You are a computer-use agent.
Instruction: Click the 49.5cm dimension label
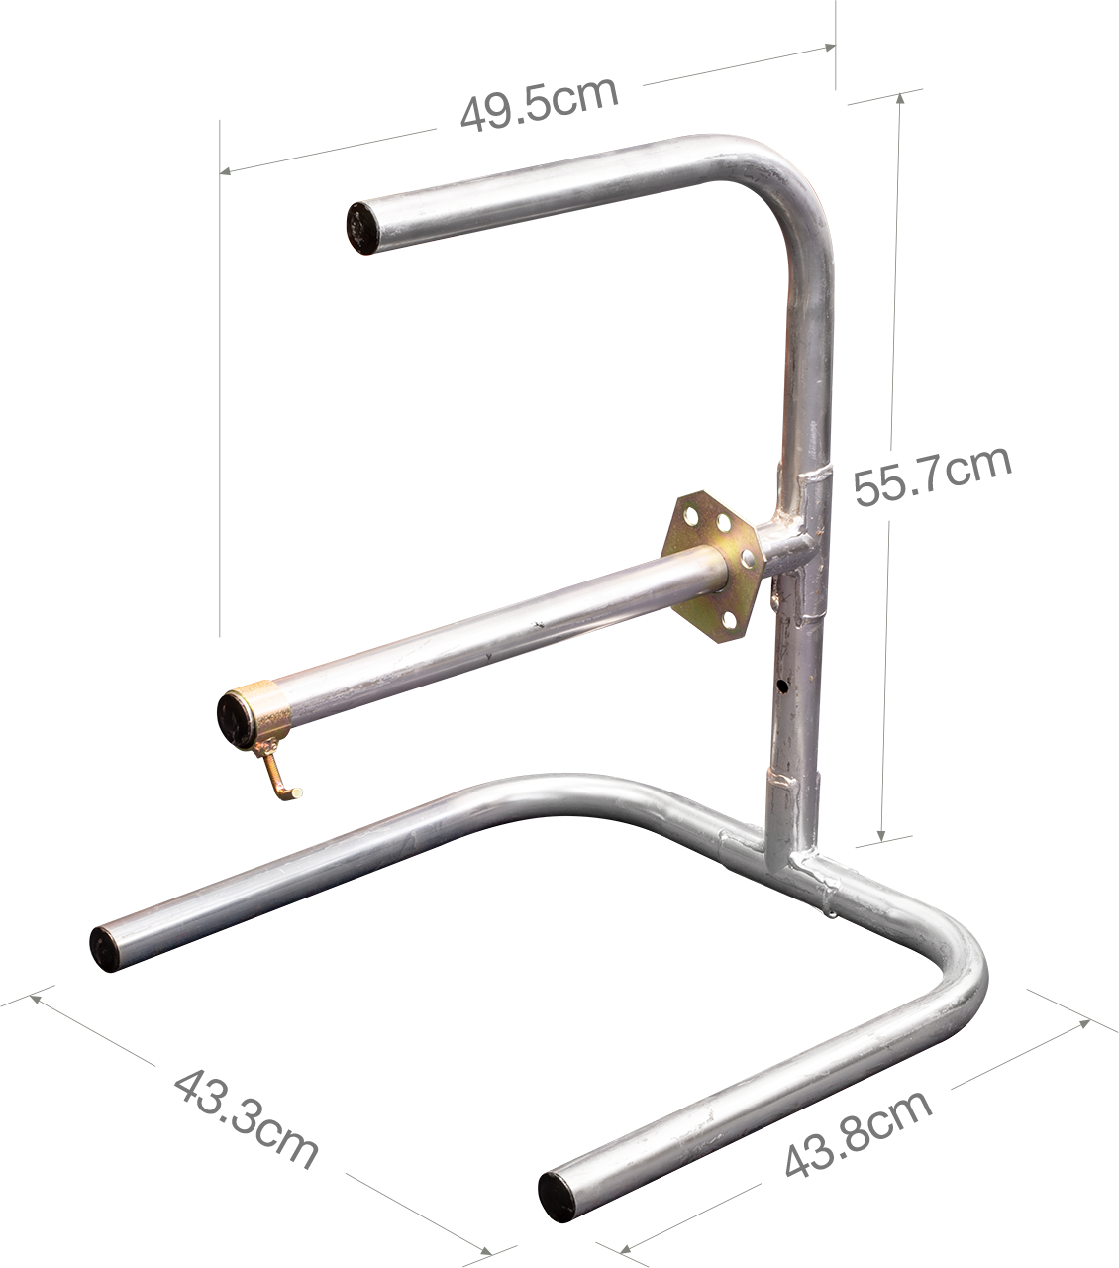pos(540,104)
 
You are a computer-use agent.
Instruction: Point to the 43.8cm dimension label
pos(859,1132)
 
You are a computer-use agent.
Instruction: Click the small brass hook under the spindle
pos(281,776)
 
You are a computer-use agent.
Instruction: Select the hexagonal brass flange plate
pos(713,568)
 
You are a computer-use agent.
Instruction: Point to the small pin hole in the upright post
pos(781,687)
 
